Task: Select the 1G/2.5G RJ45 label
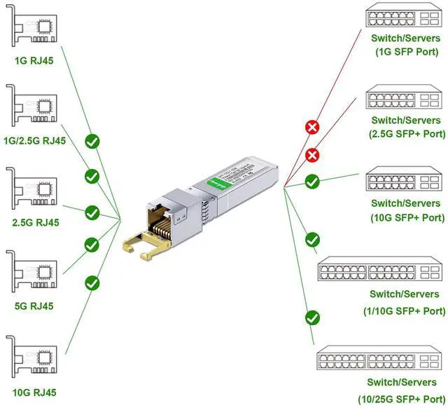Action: point(35,140)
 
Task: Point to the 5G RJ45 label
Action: point(34,306)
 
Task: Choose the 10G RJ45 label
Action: point(35,392)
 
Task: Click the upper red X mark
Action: point(312,127)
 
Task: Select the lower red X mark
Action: point(312,155)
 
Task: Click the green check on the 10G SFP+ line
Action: point(312,182)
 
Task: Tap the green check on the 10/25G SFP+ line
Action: point(312,317)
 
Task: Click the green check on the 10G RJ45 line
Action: point(92,282)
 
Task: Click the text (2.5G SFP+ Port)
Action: point(407,133)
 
